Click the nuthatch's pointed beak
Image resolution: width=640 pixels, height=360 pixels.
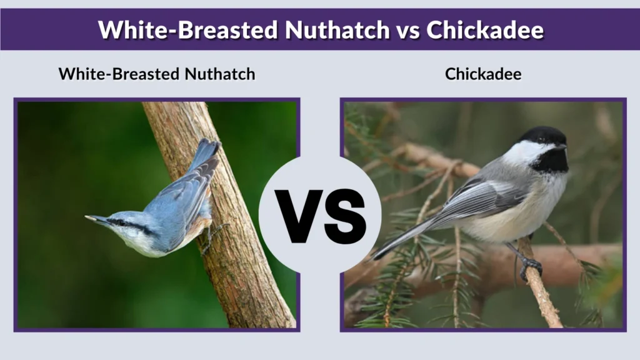coord(92,218)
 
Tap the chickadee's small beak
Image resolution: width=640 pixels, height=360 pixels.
coord(564,147)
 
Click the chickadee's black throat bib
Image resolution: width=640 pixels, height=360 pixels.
coord(552,162)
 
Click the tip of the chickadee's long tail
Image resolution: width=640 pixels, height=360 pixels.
coord(376,256)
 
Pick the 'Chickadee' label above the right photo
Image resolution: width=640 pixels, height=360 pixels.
coord(483,74)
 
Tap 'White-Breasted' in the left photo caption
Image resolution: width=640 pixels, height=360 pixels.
coord(120,74)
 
